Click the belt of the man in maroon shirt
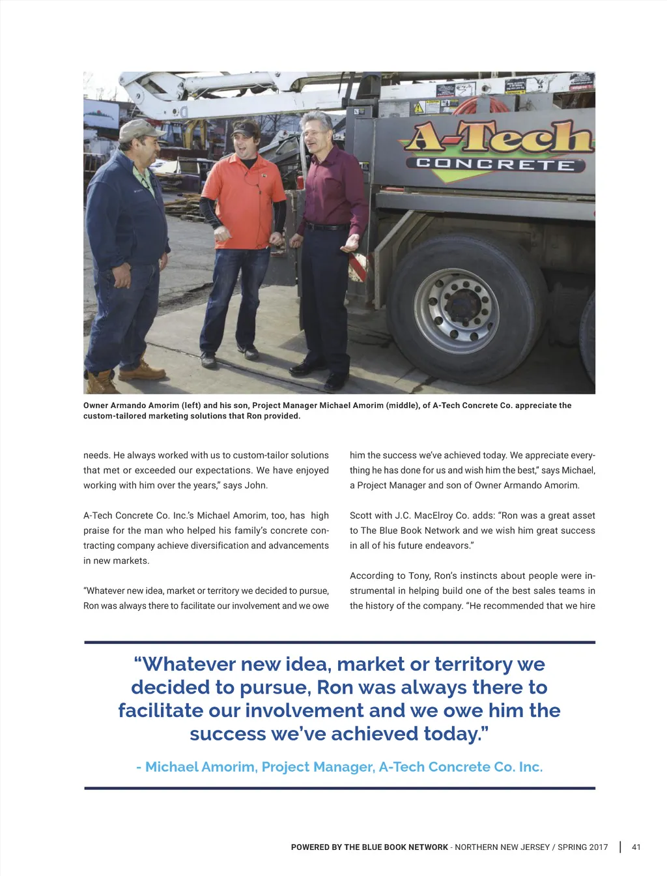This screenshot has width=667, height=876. point(328,227)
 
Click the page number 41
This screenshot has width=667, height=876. point(636,847)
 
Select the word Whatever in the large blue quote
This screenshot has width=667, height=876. point(186,664)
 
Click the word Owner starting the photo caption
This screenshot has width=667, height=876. point(95,405)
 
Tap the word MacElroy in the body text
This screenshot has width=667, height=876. point(434,516)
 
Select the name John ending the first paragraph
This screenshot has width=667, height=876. point(255,486)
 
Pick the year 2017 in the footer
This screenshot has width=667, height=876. point(597,847)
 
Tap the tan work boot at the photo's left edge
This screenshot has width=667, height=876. point(102,383)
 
